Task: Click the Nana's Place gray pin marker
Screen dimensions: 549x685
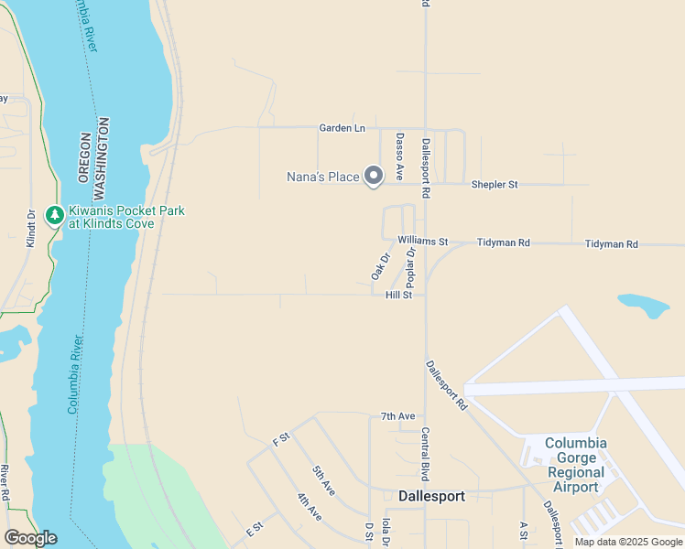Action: [x=373, y=175]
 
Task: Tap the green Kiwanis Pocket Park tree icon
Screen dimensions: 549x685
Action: [x=55, y=215]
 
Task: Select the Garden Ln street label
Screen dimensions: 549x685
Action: [x=342, y=128]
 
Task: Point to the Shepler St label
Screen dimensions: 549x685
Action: [x=495, y=185]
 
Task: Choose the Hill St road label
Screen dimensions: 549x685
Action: [x=399, y=296]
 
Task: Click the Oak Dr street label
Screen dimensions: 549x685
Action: [x=380, y=266]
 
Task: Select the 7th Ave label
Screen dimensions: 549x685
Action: [x=398, y=416]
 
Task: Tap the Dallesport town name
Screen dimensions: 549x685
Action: [x=432, y=496]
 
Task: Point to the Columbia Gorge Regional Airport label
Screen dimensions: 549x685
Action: [x=576, y=465]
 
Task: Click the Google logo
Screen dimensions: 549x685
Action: [x=30, y=538]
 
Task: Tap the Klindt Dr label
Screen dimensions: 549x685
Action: [x=30, y=229]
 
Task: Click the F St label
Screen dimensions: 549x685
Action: [x=280, y=438]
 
